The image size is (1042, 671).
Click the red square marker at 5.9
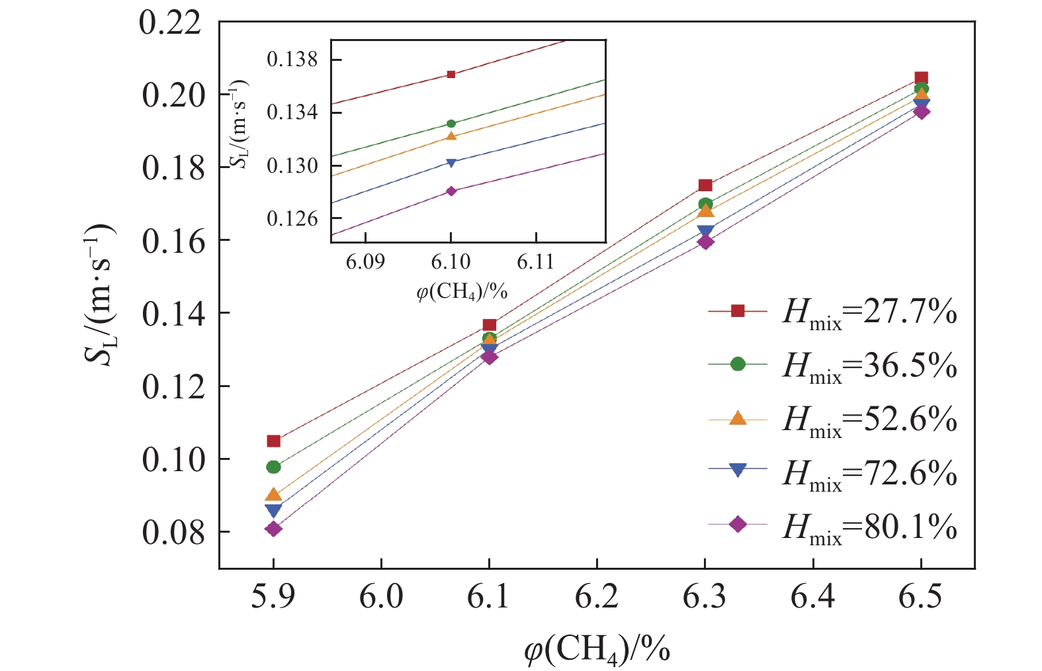273,441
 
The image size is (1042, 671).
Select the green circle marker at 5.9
273,467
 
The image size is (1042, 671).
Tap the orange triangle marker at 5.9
273,494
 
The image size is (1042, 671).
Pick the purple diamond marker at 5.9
273,529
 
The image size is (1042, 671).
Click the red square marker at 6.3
705,185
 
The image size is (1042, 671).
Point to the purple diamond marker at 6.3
705,242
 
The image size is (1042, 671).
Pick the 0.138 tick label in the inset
292,60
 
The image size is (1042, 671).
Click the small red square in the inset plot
451,74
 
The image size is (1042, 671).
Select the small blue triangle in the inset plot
451,163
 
